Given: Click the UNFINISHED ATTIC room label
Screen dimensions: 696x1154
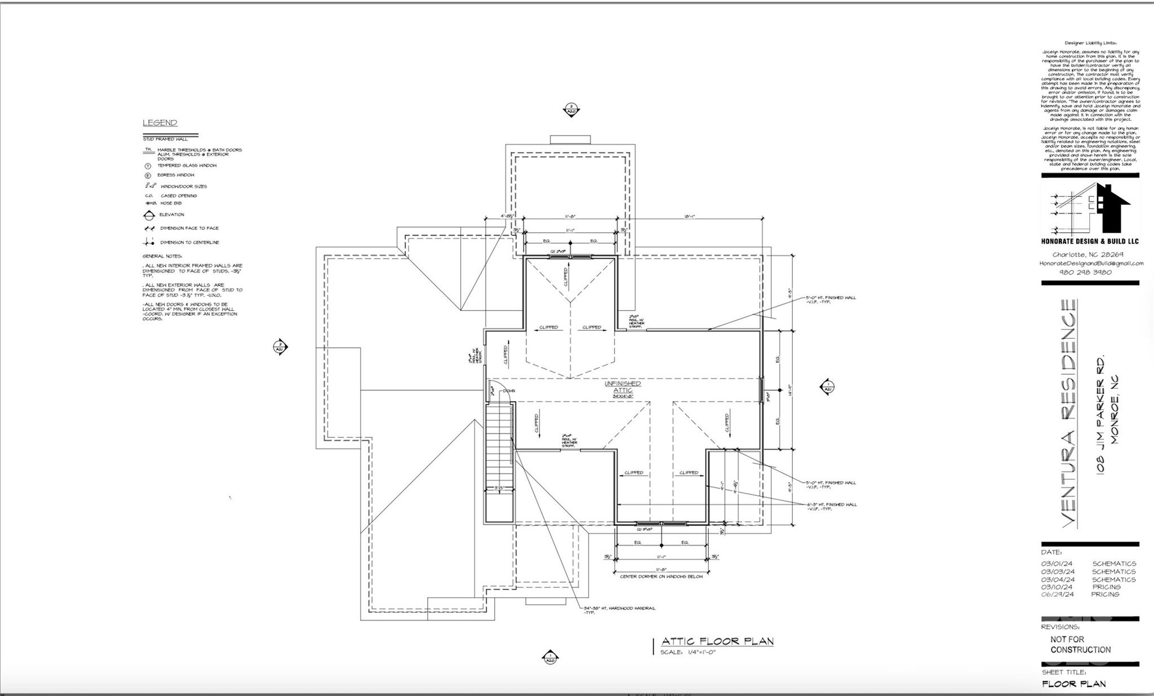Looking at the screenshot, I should pyautogui.click(x=623, y=387).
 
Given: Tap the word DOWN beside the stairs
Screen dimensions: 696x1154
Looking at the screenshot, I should pyautogui.click(x=509, y=391).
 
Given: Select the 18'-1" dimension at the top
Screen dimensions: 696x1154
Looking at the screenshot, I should pyautogui.click(x=690, y=216).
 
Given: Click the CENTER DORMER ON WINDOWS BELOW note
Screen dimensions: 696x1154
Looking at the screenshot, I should pyautogui.click(x=661, y=577).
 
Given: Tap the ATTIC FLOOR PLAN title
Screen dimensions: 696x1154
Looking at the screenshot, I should pyautogui.click(x=717, y=641).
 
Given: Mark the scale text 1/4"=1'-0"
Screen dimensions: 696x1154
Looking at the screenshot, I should pyautogui.click(x=688, y=652).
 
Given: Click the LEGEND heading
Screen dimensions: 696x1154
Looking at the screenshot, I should pyautogui.click(x=160, y=123).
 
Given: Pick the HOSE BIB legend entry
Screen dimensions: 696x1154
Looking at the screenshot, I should pyautogui.click(x=171, y=203).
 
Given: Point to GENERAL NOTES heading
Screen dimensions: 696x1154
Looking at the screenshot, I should pyautogui.click(x=162, y=256).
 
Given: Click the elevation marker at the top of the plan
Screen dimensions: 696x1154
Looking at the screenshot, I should pyautogui.click(x=571, y=109).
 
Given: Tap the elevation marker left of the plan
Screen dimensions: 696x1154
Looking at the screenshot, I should pyautogui.click(x=280, y=347).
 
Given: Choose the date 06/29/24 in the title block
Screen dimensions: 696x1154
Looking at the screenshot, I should pyautogui.click(x=1058, y=594).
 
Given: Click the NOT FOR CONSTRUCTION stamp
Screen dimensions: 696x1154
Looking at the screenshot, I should pyautogui.click(x=1080, y=644).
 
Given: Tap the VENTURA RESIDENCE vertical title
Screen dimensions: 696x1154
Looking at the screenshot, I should pyautogui.click(x=1068, y=414).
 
